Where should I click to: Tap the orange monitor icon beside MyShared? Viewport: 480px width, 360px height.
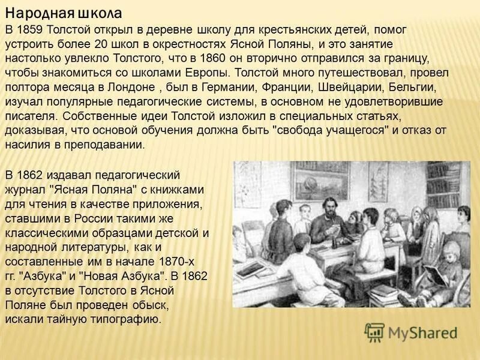[x=374, y=331]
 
